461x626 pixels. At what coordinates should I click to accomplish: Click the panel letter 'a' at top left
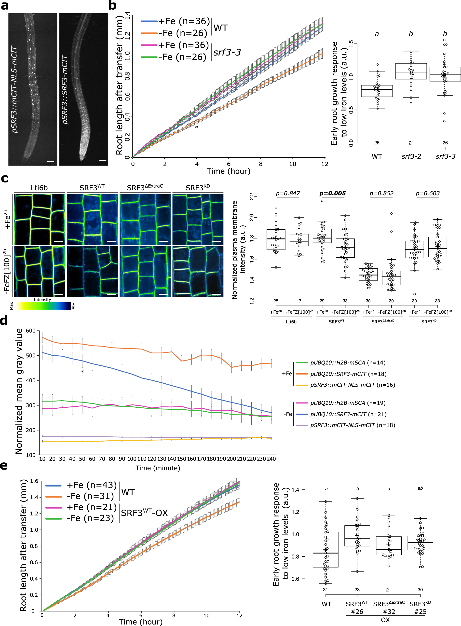[5, 6]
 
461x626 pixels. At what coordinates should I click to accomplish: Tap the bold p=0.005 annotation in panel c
[332, 193]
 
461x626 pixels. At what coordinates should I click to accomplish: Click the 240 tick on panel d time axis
[271, 459]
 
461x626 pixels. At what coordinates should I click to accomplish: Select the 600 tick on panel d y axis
[30, 331]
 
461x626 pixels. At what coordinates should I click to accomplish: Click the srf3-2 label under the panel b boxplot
[411, 156]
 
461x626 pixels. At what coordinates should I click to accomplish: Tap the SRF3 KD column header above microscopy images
[198, 188]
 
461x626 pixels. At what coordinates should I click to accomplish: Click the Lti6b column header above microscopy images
[39, 188]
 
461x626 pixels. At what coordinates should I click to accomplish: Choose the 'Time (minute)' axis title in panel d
[158, 468]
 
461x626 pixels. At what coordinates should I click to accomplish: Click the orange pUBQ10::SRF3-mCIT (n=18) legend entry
[348, 374]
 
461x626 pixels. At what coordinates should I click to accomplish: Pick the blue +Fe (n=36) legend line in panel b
[149, 21]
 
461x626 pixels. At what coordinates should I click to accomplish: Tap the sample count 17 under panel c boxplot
[299, 301]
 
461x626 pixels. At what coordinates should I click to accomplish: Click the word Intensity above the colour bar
[42, 300]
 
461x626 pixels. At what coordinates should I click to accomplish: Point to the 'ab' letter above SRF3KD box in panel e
[420, 488]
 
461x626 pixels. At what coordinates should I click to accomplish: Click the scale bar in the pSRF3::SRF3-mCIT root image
[103, 161]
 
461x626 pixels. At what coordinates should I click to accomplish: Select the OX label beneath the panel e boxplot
[385, 620]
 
